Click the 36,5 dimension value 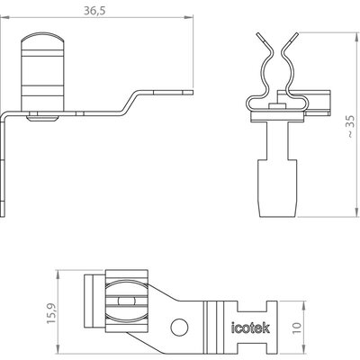point(94,11)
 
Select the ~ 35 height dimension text point(350,126)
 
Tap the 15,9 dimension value point(51,313)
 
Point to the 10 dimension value point(296,328)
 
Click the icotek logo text point(250,328)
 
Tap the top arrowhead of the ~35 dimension point(356,37)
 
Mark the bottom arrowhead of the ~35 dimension point(356,212)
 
